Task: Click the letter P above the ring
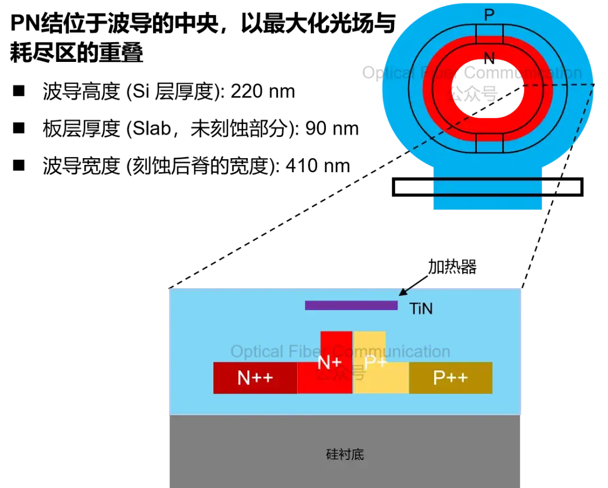pos(489,15)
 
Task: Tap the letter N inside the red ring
pos(489,57)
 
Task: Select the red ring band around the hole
pos(441,90)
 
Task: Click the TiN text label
pos(421,308)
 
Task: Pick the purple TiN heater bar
pos(351,305)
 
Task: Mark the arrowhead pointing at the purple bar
pos(401,293)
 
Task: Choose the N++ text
pos(255,378)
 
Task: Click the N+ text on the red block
pos(329,363)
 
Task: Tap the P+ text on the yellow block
pos(375,363)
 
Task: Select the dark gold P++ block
pos(450,378)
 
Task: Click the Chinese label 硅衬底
pos(345,454)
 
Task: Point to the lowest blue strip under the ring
pos(488,204)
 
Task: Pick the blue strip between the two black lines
pos(488,187)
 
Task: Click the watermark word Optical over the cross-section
pos(257,352)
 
